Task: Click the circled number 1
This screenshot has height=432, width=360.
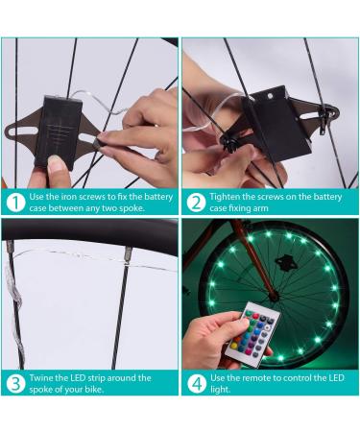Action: [15, 203]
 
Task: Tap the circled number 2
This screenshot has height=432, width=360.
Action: [196, 203]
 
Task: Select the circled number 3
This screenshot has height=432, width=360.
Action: [15, 383]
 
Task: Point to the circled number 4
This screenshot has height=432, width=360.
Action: [196, 383]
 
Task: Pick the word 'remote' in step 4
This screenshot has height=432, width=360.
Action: [256, 377]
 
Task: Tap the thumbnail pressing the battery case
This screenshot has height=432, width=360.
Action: [58, 162]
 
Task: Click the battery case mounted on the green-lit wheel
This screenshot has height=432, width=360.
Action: [283, 262]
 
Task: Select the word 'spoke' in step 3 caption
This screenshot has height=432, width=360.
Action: [41, 390]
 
